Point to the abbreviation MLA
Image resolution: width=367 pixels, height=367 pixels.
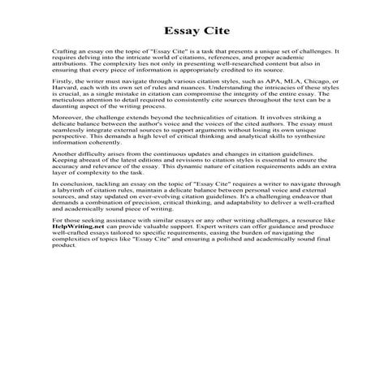click(x=275, y=104)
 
